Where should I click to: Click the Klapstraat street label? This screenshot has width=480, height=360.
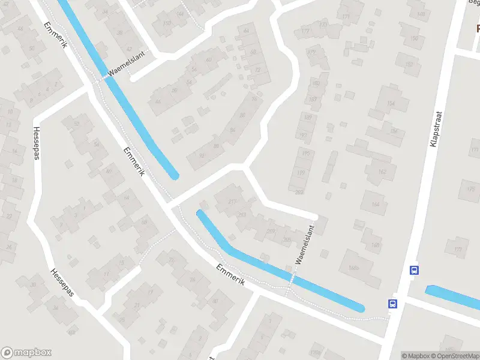tap(436, 128)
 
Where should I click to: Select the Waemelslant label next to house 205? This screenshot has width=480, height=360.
tap(305, 244)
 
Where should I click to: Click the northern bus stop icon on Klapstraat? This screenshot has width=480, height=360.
tap(414, 270)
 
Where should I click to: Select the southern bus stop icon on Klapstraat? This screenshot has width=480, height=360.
tap(393, 304)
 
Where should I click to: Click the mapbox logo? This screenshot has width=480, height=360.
tap(26, 353)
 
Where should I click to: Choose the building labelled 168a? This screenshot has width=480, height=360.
tap(353, 268)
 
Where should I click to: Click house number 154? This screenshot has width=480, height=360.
tap(391, 104)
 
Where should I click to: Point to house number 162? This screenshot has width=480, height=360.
tap(382, 172)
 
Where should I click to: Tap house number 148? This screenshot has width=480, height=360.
tap(421, 14)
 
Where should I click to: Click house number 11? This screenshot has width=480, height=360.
tap(107, 274)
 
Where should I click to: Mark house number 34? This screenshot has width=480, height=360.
tap(56, 308)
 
